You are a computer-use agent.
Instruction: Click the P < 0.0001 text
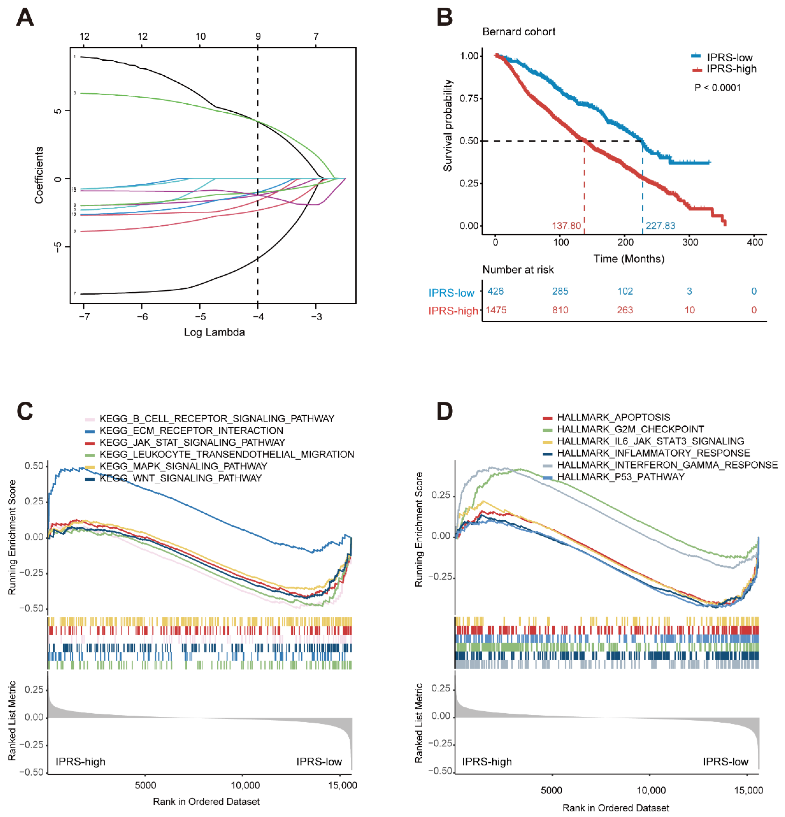point(717,87)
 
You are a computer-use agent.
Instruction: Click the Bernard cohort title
point(518,32)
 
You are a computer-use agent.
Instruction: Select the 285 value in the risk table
point(560,291)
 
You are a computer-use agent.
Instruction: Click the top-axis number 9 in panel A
point(258,36)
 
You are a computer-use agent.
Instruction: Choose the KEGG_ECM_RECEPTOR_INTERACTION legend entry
point(191,430)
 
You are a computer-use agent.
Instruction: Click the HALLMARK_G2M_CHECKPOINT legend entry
point(630,429)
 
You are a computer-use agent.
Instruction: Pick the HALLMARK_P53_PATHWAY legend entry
point(620,476)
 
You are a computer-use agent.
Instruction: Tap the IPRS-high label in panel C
point(80,762)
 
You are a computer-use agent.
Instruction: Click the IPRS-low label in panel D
point(725,762)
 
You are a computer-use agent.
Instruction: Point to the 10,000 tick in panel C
point(245,785)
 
